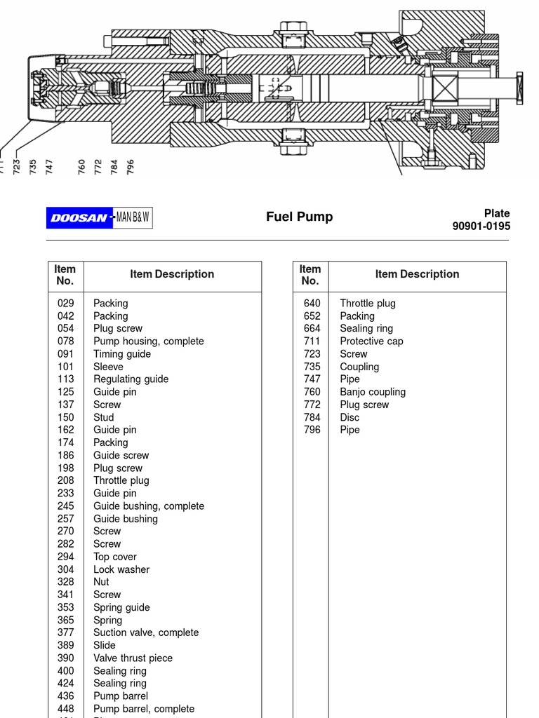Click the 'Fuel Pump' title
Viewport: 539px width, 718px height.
299,217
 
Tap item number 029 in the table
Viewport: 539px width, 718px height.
65,304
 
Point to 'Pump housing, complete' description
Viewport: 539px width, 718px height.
148,341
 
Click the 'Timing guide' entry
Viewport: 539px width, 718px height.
121,354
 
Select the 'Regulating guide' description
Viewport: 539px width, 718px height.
131,379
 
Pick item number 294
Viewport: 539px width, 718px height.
65,557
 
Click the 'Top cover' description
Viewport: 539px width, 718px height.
114,557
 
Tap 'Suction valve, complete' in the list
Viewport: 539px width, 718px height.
145,632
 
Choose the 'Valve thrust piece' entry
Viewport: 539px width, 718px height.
133,658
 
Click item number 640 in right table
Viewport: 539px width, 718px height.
312,304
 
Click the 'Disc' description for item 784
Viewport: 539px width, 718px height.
350,417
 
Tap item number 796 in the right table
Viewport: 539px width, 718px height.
312,430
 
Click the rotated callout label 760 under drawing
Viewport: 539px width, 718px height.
82,167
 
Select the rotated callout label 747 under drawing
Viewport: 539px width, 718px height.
49,167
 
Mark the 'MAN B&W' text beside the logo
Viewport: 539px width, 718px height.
133,218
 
